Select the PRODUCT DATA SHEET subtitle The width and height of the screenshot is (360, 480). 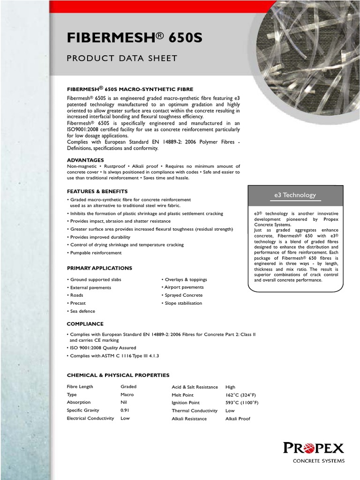click(122, 58)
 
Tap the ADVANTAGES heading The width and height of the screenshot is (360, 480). click(85, 160)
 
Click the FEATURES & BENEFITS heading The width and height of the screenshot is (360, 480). click(97, 191)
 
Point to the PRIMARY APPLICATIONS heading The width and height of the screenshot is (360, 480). click(99, 268)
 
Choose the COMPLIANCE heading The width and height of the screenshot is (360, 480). click(85, 324)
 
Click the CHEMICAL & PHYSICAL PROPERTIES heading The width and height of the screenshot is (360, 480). click(118, 375)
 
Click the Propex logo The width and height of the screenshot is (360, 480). click(313, 448)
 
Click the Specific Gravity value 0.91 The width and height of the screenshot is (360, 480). click(125, 410)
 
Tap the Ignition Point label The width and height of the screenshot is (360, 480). click(186, 403)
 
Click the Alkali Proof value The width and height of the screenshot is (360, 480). click(238, 419)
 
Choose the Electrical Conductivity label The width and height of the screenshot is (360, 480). click(90, 418)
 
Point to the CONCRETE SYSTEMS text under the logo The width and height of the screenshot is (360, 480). click(318, 461)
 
